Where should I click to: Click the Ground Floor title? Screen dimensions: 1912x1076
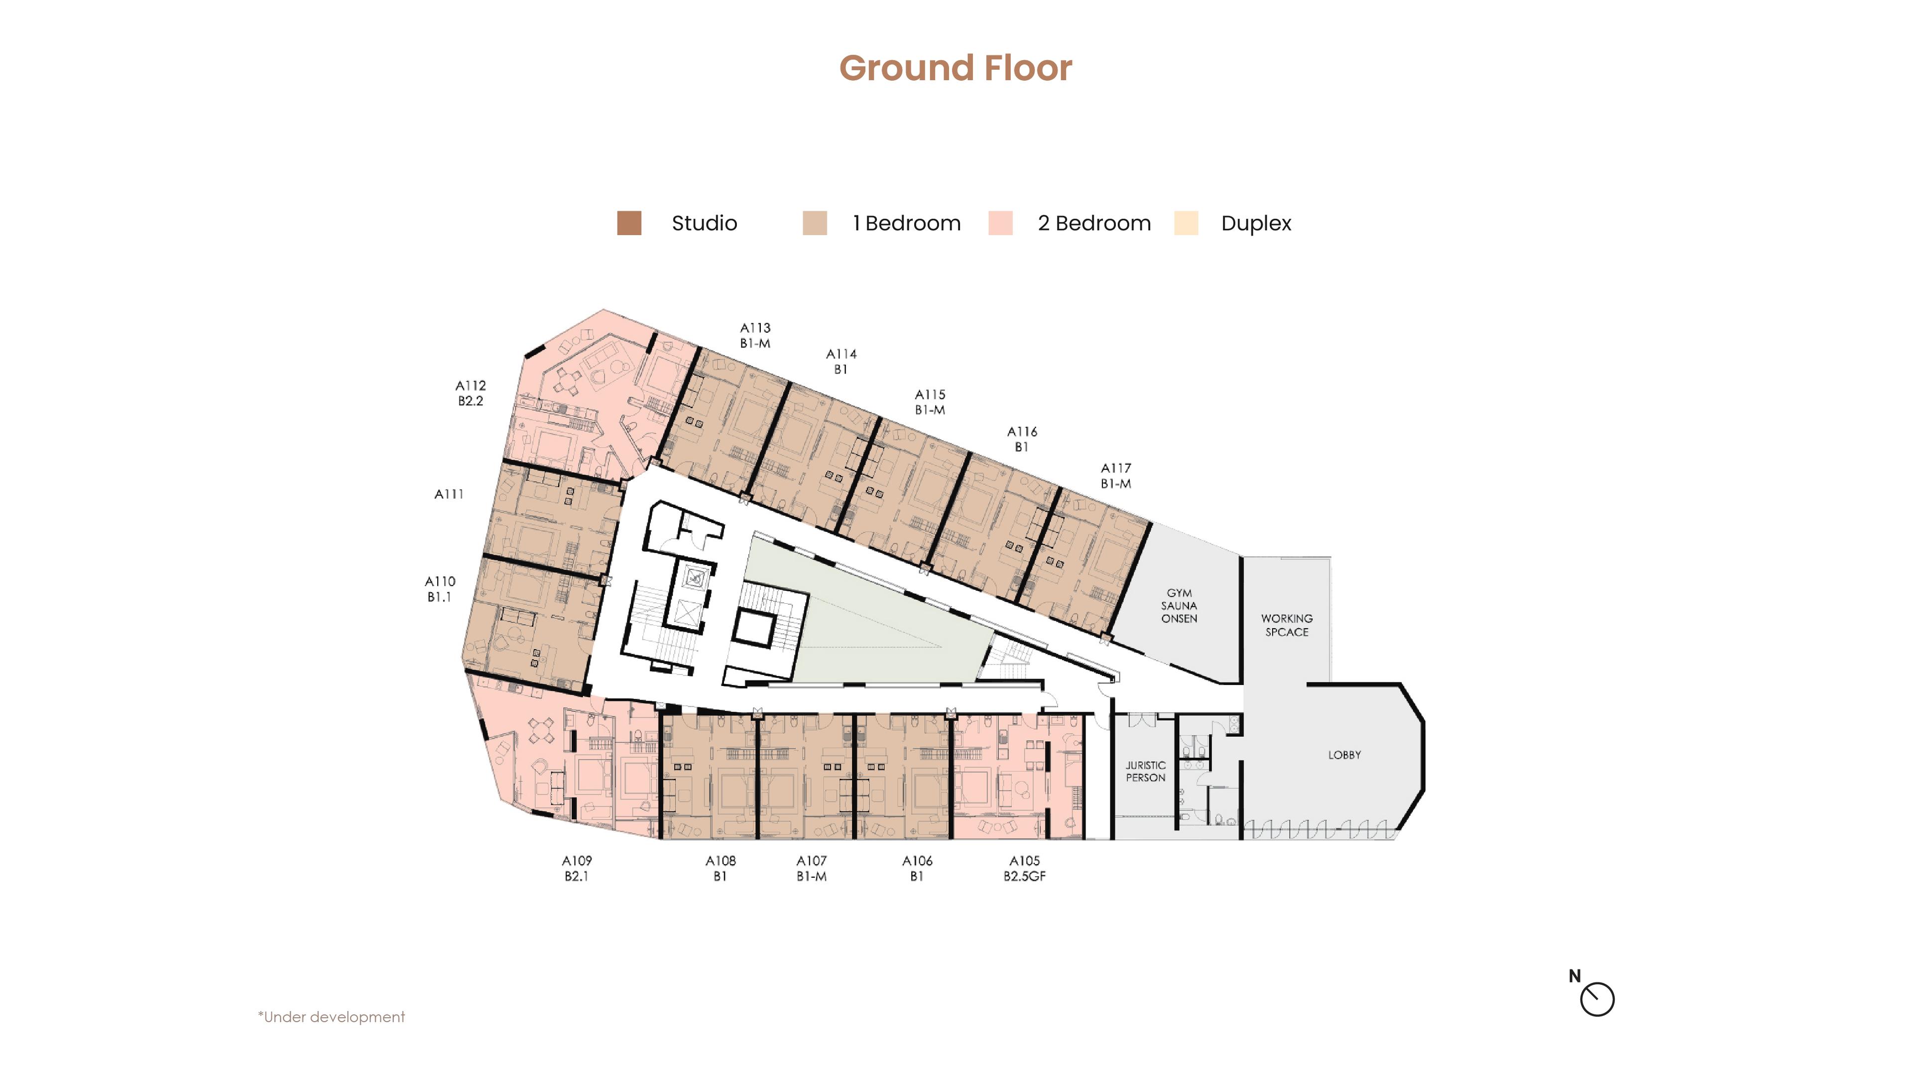click(956, 68)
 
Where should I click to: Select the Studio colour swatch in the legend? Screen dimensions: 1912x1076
click(629, 223)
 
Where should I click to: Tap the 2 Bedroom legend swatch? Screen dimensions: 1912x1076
click(1000, 223)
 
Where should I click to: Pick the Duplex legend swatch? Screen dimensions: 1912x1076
click(1186, 223)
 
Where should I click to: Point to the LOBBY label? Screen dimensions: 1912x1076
click(1344, 755)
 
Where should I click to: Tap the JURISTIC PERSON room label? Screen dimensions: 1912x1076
click(1145, 771)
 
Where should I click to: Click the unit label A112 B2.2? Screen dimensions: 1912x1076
click(470, 393)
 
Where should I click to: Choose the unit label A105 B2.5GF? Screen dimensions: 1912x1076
click(1024, 868)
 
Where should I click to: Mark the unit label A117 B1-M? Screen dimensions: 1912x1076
click(1115, 475)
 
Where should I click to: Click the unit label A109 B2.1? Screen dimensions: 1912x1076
click(576, 868)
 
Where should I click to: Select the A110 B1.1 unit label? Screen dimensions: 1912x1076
click(439, 589)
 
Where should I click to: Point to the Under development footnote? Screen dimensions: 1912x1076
click(331, 1017)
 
